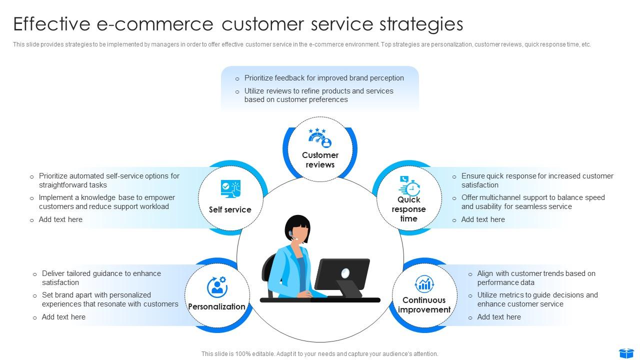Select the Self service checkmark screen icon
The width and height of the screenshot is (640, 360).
click(x=230, y=189)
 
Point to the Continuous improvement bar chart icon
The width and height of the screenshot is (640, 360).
click(x=424, y=284)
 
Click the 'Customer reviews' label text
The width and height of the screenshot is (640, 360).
click(x=320, y=160)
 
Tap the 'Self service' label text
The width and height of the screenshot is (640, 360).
click(x=230, y=209)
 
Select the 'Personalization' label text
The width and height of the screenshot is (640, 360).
click(x=216, y=306)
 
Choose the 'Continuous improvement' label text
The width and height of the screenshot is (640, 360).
click(x=424, y=305)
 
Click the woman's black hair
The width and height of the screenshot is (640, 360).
click(x=297, y=224)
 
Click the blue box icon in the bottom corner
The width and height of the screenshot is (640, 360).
click(x=626, y=353)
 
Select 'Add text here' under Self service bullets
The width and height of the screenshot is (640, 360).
click(x=60, y=219)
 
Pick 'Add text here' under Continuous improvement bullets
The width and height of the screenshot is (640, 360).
click(x=498, y=317)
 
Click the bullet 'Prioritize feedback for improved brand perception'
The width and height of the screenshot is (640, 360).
click(x=324, y=78)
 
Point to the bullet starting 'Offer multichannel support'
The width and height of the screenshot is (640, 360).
click(x=532, y=202)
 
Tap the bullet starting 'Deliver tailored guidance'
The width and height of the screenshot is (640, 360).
click(x=101, y=278)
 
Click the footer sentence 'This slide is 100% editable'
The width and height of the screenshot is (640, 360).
click(x=319, y=353)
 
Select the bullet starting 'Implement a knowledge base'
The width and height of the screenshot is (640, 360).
click(x=106, y=202)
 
